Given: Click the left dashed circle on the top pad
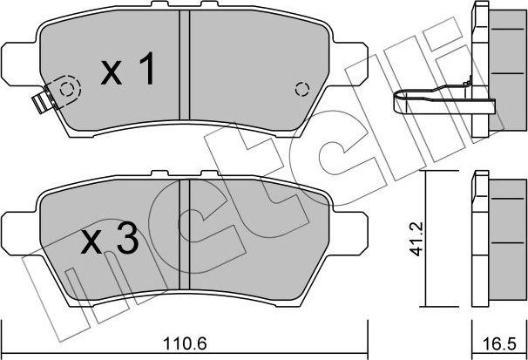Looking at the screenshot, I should (x=67, y=88).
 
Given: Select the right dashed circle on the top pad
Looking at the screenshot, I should (x=302, y=89).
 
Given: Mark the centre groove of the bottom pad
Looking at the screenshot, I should (x=184, y=237).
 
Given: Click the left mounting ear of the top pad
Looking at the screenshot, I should (x=17, y=62).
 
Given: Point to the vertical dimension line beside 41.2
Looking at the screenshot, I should (x=424, y=241).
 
